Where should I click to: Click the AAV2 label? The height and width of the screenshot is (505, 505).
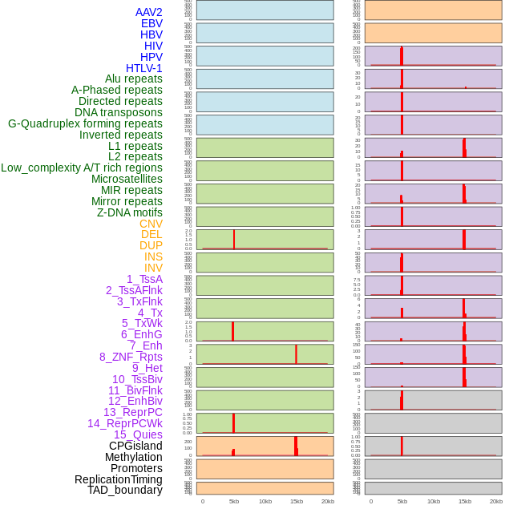pyautogui.click(x=148, y=12)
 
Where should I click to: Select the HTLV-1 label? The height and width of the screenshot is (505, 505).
pyautogui.click(x=143, y=68)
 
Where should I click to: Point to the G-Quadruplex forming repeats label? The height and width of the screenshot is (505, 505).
pyautogui.click(x=85, y=123)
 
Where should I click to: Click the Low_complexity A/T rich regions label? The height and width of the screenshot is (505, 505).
pyautogui.click(x=82, y=168)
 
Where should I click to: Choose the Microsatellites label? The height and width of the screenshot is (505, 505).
pyautogui.click(x=127, y=179)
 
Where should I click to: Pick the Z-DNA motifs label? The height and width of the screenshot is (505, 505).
pyautogui.click(x=129, y=212)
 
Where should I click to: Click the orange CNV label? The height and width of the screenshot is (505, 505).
pyautogui.click(x=151, y=224)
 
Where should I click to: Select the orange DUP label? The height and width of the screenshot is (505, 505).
pyautogui.click(x=151, y=245)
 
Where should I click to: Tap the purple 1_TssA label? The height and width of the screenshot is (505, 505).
pyautogui.click(x=144, y=279)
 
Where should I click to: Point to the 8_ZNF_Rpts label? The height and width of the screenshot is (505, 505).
pyautogui.click(x=131, y=357)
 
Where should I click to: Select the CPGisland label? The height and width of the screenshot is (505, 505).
pyautogui.click(x=135, y=446)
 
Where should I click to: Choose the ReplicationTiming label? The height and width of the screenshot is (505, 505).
pyautogui.click(x=119, y=479)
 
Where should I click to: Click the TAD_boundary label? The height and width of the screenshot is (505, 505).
pyautogui.click(x=125, y=490)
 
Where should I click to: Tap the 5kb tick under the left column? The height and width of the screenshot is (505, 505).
pyautogui.click(x=234, y=501)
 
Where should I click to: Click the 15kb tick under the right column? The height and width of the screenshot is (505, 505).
pyautogui.click(x=465, y=501)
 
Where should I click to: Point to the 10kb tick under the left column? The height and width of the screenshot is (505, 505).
pyautogui.click(x=265, y=501)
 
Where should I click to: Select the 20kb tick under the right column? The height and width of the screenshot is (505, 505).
pyautogui.click(x=496, y=501)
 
